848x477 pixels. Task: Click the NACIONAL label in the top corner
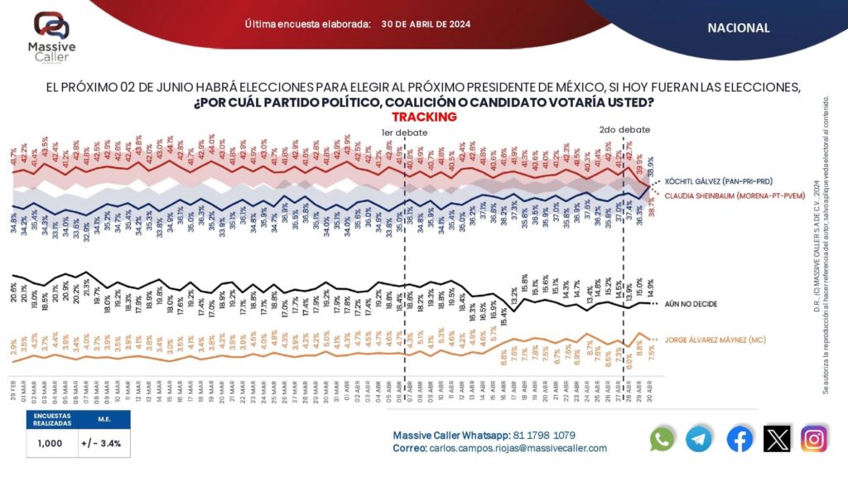[x=738, y=28]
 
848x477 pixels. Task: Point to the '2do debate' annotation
[x=624, y=130]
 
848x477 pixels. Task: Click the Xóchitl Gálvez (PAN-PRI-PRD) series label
[x=724, y=181]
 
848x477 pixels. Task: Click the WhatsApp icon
[x=662, y=439]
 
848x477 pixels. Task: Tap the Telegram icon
[x=700, y=439]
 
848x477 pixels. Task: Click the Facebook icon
[x=740, y=439]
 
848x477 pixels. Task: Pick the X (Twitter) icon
[x=777, y=439]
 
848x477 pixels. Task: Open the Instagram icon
[x=814, y=439]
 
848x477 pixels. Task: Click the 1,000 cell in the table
[x=49, y=443]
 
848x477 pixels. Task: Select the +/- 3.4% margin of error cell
[x=100, y=443]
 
